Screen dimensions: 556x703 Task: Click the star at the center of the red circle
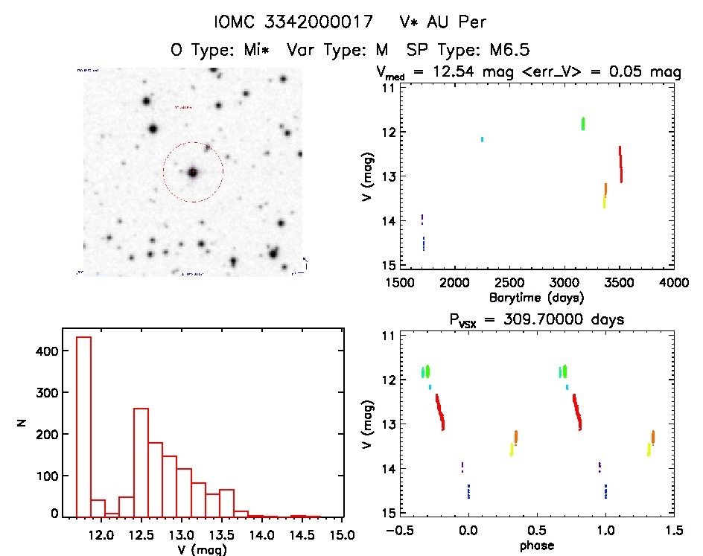click(193, 172)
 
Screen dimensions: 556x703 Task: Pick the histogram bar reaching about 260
click(141, 461)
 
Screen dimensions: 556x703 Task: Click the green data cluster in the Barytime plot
click(583, 124)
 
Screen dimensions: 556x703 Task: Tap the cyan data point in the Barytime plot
click(483, 139)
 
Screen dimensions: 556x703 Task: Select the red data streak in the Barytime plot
click(620, 164)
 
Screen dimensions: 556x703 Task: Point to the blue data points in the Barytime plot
click(424, 243)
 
